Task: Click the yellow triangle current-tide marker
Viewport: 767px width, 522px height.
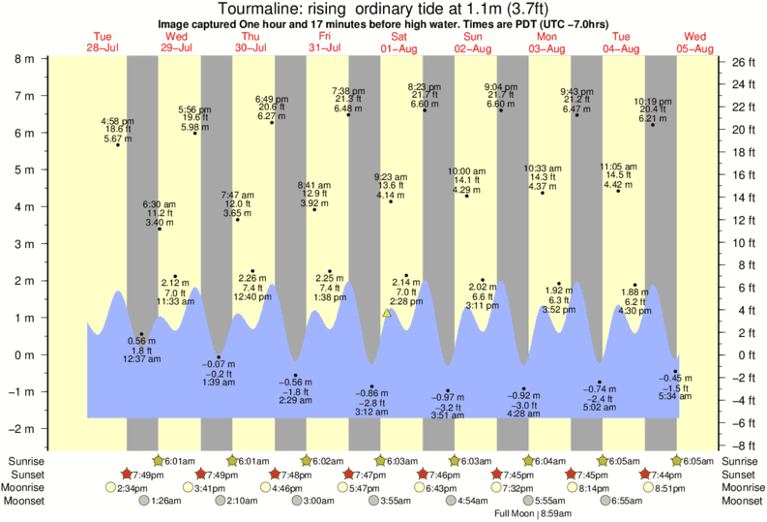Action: click(387, 313)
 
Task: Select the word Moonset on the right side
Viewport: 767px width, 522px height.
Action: click(743, 501)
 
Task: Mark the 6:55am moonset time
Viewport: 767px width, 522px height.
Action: click(623, 501)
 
